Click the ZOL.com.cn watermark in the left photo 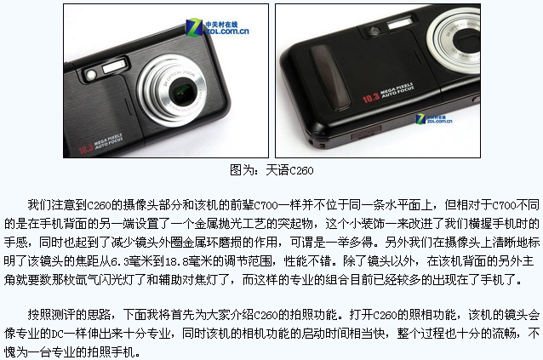[x=217, y=27]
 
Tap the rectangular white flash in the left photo [x=113, y=66]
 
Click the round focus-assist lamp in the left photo [x=91, y=75]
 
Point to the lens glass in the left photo [x=182, y=92]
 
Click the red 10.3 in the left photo [x=86, y=149]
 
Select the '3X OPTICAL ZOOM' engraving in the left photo [x=179, y=77]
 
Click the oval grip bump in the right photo [x=329, y=77]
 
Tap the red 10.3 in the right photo [x=371, y=99]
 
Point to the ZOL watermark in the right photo [x=434, y=119]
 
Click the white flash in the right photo [x=400, y=24]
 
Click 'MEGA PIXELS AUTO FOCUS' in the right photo [x=397, y=90]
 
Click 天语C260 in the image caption [x=289, y=170]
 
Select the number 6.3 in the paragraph [x=120, y=261]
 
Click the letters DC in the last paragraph [x=58, y=334]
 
